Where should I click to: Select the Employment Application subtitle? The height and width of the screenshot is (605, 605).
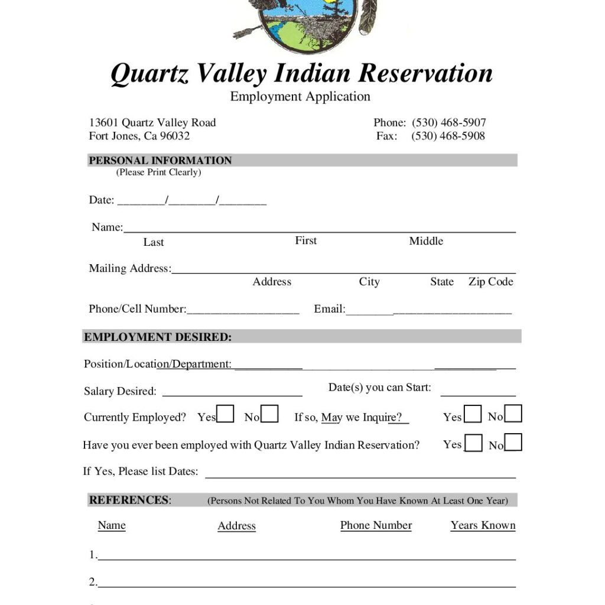(x=300, y=96)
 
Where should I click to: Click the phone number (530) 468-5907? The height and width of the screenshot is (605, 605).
(x=448, y=123)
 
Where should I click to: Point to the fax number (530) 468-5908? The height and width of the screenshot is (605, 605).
(x=448, y=136)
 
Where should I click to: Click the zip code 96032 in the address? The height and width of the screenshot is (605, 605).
(x=175, y=136)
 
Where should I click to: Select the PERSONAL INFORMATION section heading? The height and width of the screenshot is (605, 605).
(x=160, y=160)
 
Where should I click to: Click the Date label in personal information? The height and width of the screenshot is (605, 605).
(x=101, y=200)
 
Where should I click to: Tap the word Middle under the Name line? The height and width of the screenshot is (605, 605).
(x=426, y=241)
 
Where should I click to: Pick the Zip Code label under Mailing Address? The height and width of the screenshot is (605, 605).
(x=490, y=282)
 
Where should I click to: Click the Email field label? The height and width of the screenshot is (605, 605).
(x=329, y=309)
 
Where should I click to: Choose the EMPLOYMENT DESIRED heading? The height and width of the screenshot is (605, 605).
(x=158, y=337)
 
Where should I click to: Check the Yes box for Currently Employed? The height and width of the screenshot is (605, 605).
(x=225, y=414)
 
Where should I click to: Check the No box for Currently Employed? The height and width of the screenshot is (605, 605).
(x=269, y=414)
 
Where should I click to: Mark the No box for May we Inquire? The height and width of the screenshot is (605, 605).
(x=513, y=414)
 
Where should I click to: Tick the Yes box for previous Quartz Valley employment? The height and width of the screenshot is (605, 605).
(x=473, y=443)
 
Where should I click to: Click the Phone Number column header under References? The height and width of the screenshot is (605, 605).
(x=376, y=525)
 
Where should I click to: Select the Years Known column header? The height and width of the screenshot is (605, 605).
(x=483, y=525)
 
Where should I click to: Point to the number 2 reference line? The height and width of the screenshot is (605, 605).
(x=306, y=585)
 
